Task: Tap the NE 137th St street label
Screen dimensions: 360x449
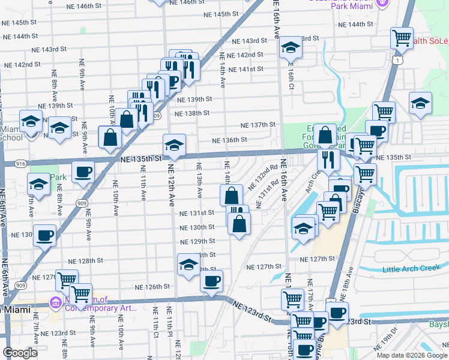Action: point(258,125)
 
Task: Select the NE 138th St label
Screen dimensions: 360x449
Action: point(191,113)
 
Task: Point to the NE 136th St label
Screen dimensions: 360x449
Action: point(229,140)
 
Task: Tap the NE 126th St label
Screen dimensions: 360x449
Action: point(152,287)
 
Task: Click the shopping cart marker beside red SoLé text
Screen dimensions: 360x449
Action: point(402,38)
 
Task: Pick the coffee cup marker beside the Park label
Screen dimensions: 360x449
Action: point(83,172)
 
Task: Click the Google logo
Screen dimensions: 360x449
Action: point(20,353)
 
